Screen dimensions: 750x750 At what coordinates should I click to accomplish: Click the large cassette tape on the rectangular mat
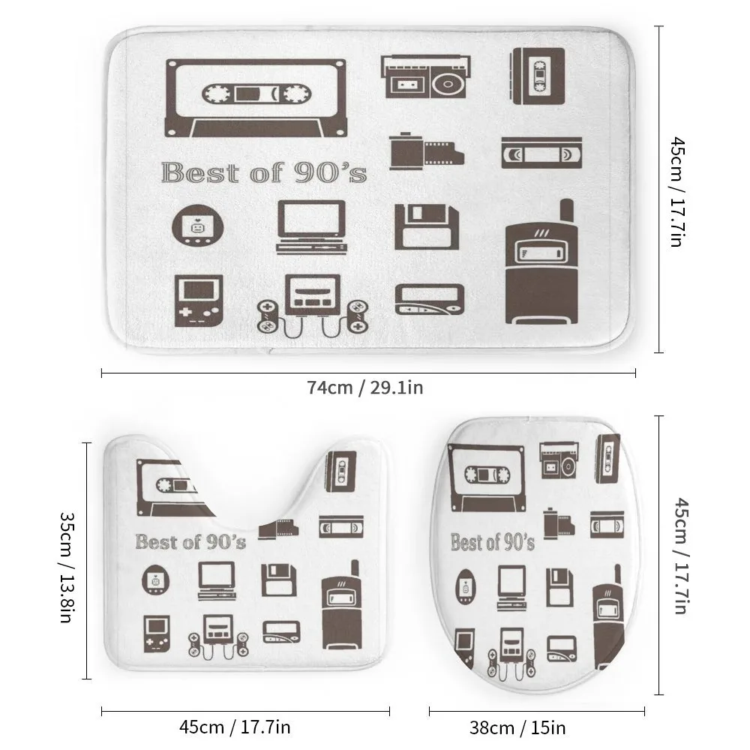pos(256,98)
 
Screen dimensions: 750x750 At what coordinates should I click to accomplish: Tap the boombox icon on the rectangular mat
pos(426,76)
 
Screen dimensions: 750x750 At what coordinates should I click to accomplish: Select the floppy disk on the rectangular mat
pos(427,227)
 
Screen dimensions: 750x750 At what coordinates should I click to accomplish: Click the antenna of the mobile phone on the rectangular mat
pos(567,211)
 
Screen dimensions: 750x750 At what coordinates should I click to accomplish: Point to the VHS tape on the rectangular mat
pos(541,153)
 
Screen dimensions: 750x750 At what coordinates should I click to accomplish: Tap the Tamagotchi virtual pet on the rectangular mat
pos(197,225)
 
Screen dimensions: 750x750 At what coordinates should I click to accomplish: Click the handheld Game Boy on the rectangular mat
pos(199,301)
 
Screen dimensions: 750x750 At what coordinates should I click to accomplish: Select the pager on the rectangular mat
pos(430,299)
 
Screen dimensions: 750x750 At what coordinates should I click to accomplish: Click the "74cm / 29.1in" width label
pos(365,388)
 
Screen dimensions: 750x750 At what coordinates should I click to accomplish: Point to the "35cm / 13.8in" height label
pos(67,567)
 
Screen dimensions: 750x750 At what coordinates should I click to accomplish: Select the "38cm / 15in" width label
pos(517,728)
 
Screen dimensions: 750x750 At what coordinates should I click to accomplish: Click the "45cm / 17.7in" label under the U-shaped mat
pos(235,727)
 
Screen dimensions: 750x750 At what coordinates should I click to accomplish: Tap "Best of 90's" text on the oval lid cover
pos(493,542)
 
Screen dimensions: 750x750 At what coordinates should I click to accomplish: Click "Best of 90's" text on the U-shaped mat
pos(190,542)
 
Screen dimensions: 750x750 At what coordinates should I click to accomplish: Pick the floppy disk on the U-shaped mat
pos(279,580)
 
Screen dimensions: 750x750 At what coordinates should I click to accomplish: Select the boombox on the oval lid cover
pos(559,460)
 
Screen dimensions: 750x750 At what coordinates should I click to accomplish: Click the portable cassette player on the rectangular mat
pos(538,76)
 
